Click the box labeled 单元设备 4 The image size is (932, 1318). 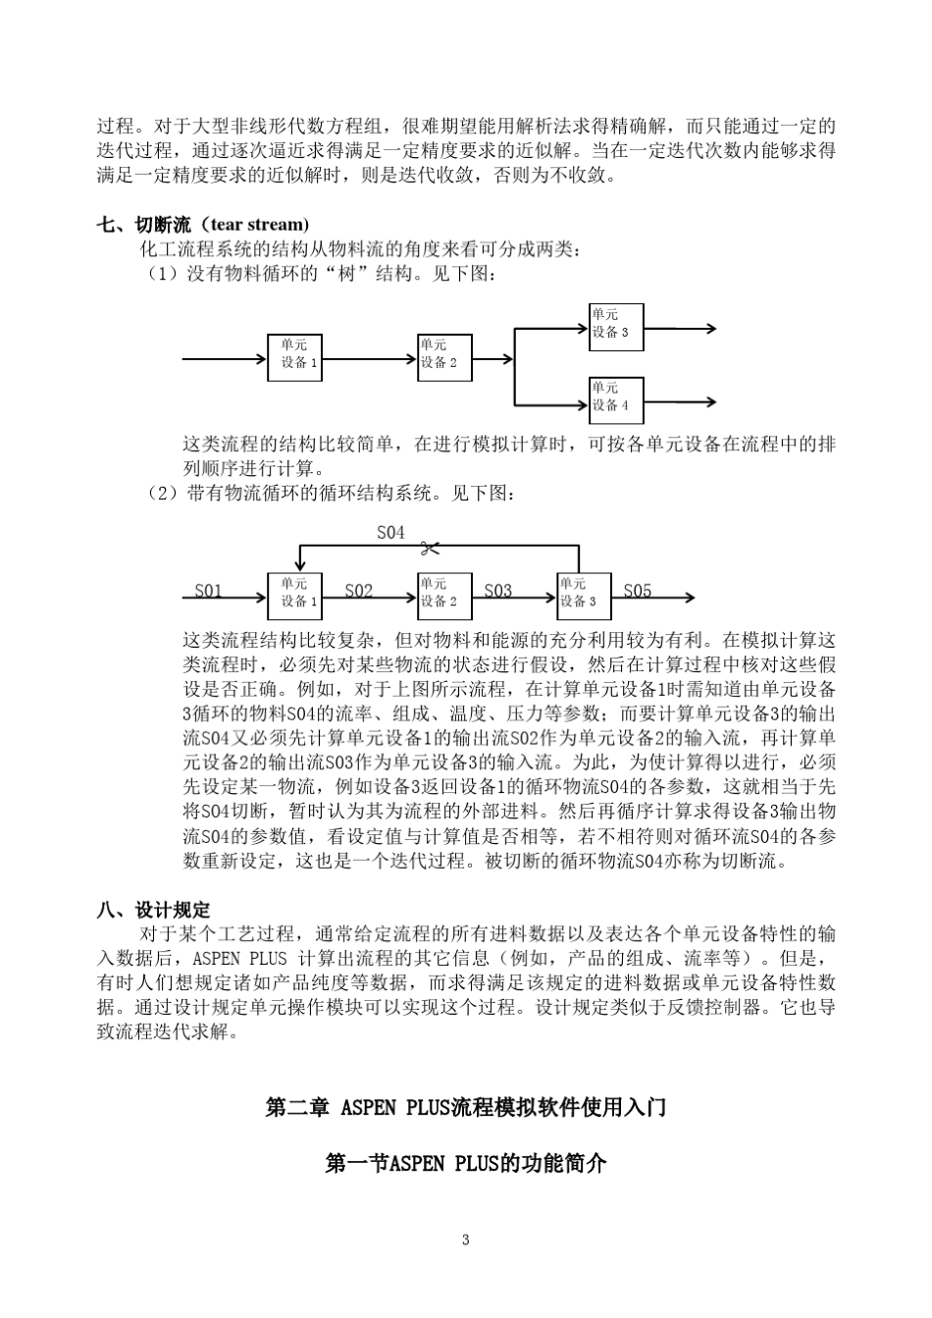coord(616,400)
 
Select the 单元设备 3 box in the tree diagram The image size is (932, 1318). coord(616,328)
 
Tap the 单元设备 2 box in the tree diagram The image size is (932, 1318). coord(444,358)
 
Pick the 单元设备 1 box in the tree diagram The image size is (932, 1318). coord(294,358)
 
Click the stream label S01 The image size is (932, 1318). coord(208,590)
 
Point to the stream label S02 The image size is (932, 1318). coord(359,590)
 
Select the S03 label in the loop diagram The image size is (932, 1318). coord(498,590)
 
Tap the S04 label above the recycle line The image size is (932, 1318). coord(390,532)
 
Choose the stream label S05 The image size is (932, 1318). coord(638,590)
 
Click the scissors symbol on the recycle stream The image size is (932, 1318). coord(428,548)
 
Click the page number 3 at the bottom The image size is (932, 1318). coord(465,1239)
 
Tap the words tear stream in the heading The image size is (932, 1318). coord(259,225)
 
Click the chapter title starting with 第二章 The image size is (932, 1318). coord(466,1107)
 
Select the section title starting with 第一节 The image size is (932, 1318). coord(466,1164)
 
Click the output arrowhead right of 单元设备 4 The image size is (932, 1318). coord(710,401)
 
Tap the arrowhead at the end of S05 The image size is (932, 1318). coord(690,598)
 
